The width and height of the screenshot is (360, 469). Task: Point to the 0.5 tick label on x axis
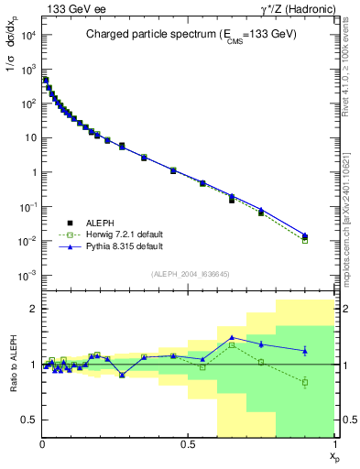(188, 444)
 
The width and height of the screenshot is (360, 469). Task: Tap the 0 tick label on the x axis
(42, 444)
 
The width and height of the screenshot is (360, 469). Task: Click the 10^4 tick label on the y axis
(27, 35)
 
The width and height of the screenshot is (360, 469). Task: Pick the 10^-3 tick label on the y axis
(27, 276)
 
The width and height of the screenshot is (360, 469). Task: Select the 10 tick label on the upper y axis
(30, 138)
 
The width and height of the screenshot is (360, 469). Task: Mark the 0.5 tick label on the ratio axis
(29, 420)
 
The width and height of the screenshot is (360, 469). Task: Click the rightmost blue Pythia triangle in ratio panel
(305, 350)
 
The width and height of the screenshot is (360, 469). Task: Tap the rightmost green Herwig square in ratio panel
(305, 382)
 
